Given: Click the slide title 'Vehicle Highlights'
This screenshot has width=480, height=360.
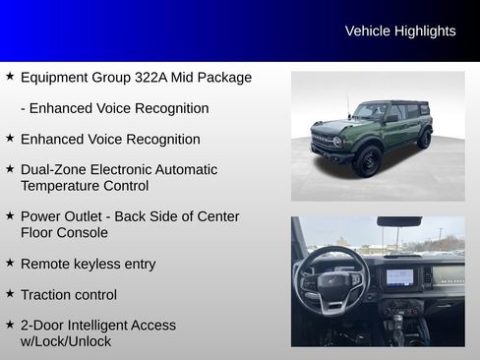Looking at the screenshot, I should [x=400, y=31].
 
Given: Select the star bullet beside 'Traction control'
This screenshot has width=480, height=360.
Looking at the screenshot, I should [x=10, y=294].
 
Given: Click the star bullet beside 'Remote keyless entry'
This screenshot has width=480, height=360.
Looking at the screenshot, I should [x=10, y=263].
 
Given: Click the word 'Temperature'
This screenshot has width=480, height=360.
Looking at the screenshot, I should [x=62, y=185].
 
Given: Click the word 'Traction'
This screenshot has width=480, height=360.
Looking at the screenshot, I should [x=47, y=294].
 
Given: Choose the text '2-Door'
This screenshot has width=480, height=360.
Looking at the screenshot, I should [x=42, y=326].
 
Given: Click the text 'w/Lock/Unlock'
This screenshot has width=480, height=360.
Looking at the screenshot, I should [x=66, y=341].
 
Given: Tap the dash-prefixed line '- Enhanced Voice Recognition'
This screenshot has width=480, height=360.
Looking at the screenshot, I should [x=114, y=108].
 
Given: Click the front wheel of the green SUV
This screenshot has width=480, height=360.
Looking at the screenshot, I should [x=367, y=159].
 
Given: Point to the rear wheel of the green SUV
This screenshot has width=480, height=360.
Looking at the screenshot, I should [x=424, y=138].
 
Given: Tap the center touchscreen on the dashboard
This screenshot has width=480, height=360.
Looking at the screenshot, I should [x=400, y=276].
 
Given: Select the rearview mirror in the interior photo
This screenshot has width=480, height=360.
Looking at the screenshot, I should [x=398, y=222].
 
